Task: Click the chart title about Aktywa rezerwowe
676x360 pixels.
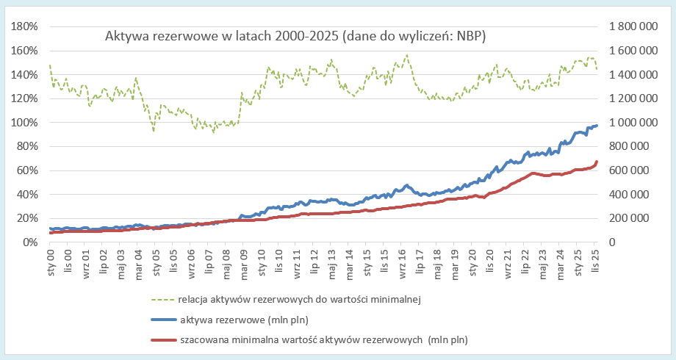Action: pos(295,35)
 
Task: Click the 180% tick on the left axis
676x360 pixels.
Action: pos(24,26)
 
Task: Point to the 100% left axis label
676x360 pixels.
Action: pos(24,123)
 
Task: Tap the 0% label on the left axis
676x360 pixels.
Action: pos(29,242)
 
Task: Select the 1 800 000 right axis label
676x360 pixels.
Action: pos(632,26)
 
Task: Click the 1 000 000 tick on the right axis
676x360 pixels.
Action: pos(632,123)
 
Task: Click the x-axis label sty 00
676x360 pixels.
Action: pos(51,262)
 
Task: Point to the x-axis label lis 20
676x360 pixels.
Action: pos(489,262)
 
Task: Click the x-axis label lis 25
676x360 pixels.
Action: pos(595,262)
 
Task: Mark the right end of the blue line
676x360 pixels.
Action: pos(597,126)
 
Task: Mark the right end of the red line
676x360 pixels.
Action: pos(597,162)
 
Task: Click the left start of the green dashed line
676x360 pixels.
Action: pos(50,65)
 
